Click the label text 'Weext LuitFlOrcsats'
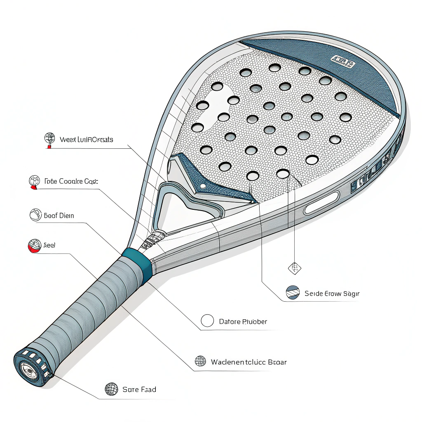pos(86,140)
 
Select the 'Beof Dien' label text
pos(59,216)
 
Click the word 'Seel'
pos(49,245)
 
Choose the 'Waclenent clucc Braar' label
pos(249,362)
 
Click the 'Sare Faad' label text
pos(139,389)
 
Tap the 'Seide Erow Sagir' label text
pos(332,293)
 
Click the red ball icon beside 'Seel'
pos(35,246)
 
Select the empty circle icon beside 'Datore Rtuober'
pos(207,321)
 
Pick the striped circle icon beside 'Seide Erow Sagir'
pos(292,292)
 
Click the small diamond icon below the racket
pos(294,268)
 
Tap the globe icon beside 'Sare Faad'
pos(112,389)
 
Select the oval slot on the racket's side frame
pos(321,203)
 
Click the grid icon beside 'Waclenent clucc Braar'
pos(200,361)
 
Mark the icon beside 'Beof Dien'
pos(36,215)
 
